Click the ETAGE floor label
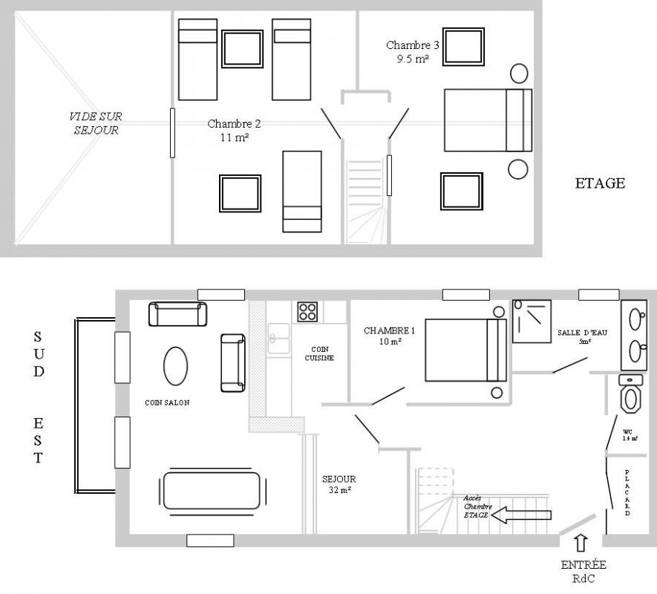[600, 183]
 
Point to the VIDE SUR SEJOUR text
[96, 123]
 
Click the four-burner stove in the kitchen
[307, 312]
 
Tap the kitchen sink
[278, 339]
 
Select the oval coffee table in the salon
[175, 366]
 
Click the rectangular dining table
[212, 491]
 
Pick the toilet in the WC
[630, 394]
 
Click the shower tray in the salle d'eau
[532, 321]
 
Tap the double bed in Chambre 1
[466, 350]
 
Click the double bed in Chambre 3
[488, 120]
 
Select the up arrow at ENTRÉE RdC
[581, 543]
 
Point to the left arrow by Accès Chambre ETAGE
[521, 515]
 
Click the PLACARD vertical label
[627, 492]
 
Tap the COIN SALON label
[167, 403]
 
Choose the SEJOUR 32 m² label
[339, 484]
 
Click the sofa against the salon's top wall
[177, 314]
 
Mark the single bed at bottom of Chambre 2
[302, 192]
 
